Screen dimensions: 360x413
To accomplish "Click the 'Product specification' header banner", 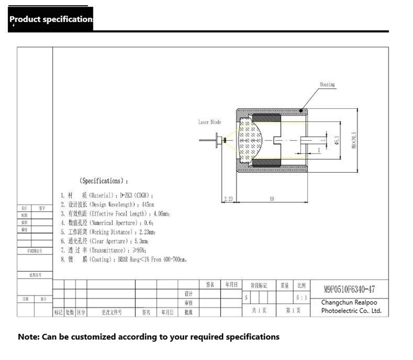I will tap(51, 20).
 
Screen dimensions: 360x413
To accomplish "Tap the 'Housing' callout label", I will tap(327, 85).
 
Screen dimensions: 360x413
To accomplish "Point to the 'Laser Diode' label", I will tap(210, 122).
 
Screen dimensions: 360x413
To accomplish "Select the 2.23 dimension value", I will tap(229, 198).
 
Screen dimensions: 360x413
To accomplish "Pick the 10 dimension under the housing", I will tap(272, 198).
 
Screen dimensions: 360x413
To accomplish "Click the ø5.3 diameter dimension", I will tap(337, 139).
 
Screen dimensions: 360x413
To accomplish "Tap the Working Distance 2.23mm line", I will tap(108, 232).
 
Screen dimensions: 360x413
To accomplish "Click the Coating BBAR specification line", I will tap(123, 259).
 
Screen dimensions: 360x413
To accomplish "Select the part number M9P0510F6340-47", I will tap(350, 289).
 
